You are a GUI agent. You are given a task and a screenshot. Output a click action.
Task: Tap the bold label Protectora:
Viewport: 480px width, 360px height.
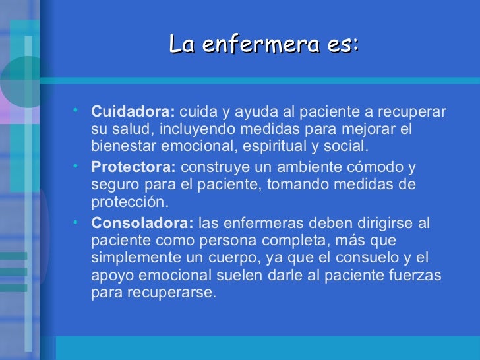tap(134, 167)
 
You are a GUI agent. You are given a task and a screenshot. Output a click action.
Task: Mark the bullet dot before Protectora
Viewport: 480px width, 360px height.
tap(77, 165)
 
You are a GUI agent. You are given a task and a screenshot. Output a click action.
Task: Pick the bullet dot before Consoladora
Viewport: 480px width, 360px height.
tap(77, 220)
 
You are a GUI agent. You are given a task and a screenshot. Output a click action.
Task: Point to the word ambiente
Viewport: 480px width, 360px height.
tap(305, 167)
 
